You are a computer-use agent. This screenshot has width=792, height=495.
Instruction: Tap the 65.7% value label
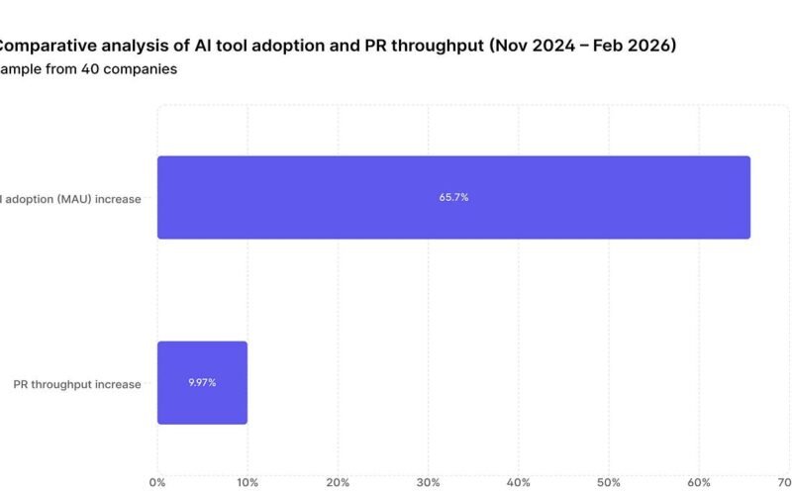[x=453, y=198]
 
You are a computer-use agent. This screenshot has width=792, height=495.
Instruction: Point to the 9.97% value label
[x=202, y=382]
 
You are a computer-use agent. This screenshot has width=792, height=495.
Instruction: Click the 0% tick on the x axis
[x=157, y=482]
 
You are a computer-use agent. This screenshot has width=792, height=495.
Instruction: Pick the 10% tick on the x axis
[x=247, y=482]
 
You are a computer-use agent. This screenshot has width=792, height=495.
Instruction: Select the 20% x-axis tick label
[x=338, y=482]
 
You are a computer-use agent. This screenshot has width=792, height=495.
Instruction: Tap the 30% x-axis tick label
[x=428, y=482]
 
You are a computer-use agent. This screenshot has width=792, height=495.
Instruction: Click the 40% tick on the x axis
[x=518, y=482]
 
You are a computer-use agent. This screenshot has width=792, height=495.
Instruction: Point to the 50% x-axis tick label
[x=608, y=482]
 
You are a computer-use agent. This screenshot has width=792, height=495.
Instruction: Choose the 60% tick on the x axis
[x=698, y=482]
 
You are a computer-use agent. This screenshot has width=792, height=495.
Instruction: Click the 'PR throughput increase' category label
[x=77, y=384]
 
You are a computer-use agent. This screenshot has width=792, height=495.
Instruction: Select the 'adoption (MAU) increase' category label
[x=73, y=199]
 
